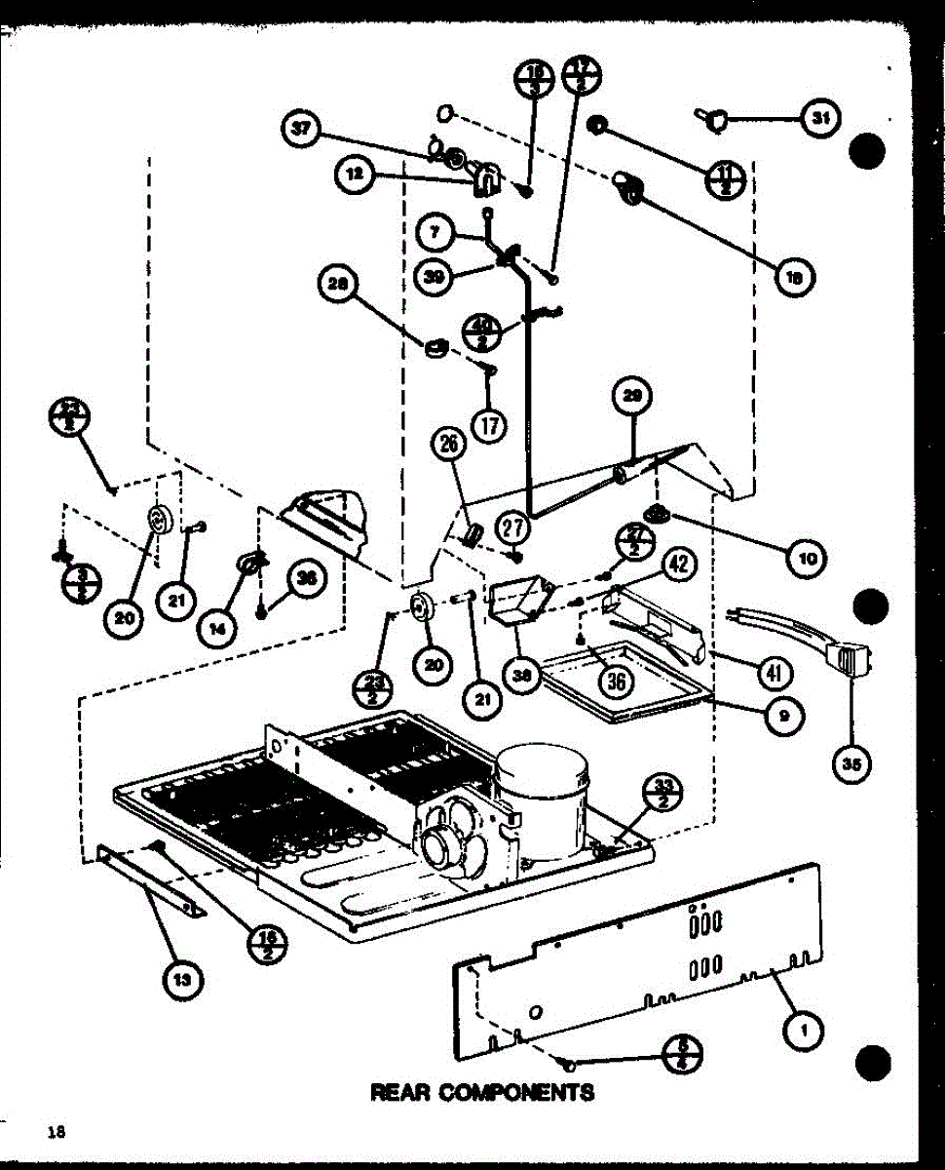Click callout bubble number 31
(x=820, y=119)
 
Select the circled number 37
(x=303, y=131)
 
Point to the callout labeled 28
(x=338, y=284)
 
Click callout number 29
(x=630, y=395)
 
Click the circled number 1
(x=805, y=1029)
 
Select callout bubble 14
(x=217, y=629)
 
